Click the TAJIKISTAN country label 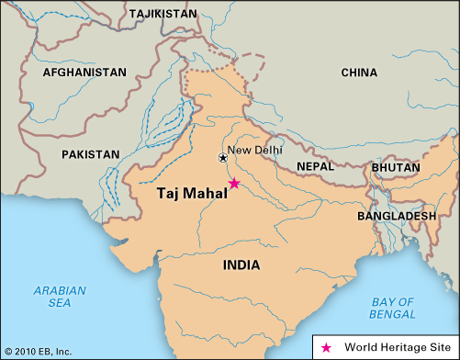163,15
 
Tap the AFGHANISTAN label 84,72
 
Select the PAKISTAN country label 90,155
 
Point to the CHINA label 358,72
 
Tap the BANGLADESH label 397,216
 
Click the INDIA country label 241,265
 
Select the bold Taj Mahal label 187,194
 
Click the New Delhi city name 255,151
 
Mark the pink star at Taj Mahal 234,184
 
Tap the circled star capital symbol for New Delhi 222,158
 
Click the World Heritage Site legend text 393,347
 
